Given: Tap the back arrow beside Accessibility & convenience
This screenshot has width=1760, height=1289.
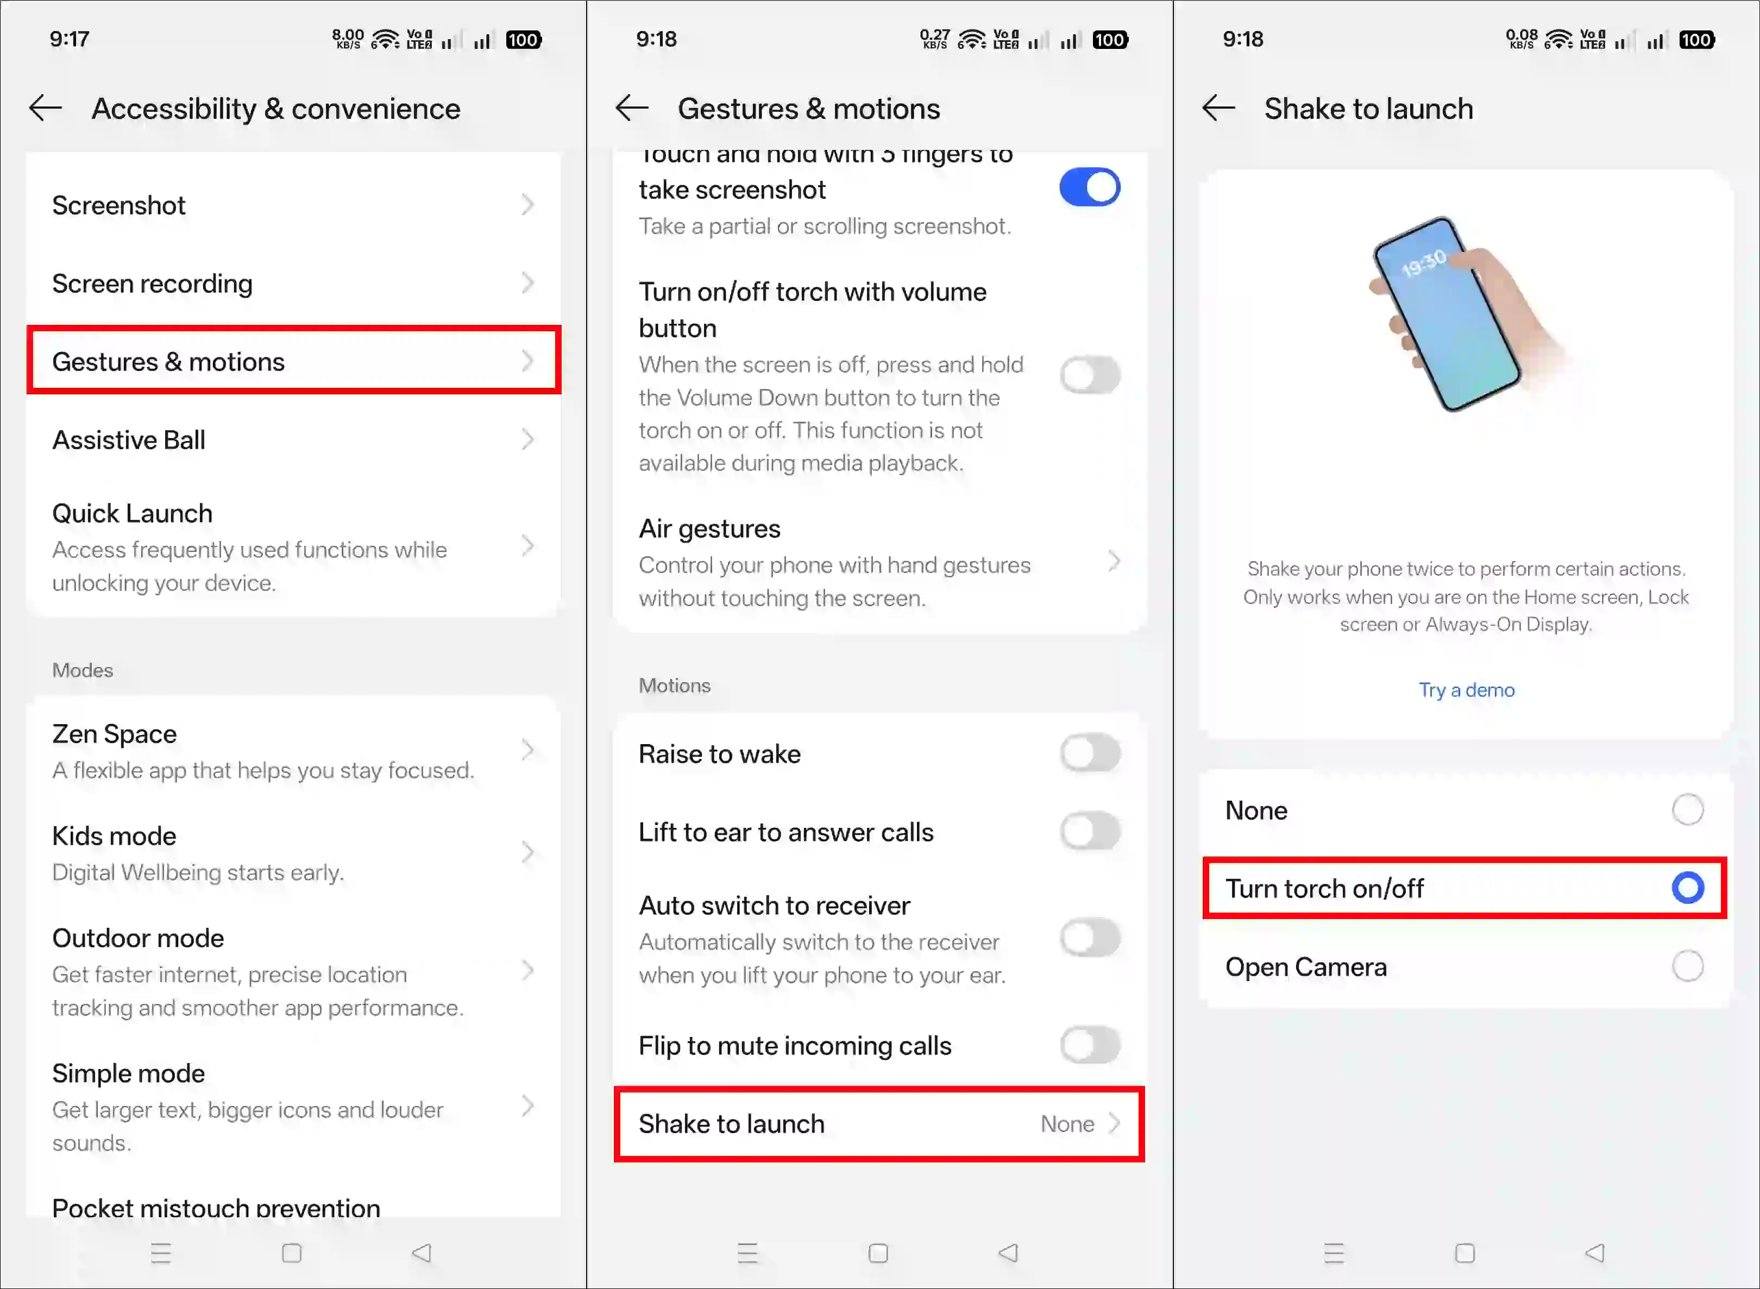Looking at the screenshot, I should pos(45,108).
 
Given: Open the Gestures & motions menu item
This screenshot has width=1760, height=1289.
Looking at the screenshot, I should pos(293,361).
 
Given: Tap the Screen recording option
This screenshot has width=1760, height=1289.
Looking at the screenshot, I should pos(293,283).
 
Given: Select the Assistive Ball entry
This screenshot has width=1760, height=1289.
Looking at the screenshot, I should pos(293,440).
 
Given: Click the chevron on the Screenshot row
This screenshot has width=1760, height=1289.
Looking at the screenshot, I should pos(528,205).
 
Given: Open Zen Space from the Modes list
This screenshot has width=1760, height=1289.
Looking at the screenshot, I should pos(293,751).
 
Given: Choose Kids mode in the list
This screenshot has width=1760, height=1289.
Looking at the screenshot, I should pos(293,853).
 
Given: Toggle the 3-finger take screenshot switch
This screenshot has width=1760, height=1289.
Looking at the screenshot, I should pos(1090,188).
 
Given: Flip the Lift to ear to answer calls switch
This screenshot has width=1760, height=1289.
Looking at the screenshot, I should pos(1090,832).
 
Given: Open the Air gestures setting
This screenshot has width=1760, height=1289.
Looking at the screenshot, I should pos(879,562).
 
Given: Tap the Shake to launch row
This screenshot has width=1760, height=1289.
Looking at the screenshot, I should pos(879,1123).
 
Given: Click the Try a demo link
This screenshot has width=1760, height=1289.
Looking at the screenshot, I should pos(1466,690).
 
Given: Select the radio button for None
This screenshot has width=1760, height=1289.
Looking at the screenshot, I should pos(1687,810).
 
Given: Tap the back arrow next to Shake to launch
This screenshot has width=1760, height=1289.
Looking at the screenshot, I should pos(1218,108).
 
